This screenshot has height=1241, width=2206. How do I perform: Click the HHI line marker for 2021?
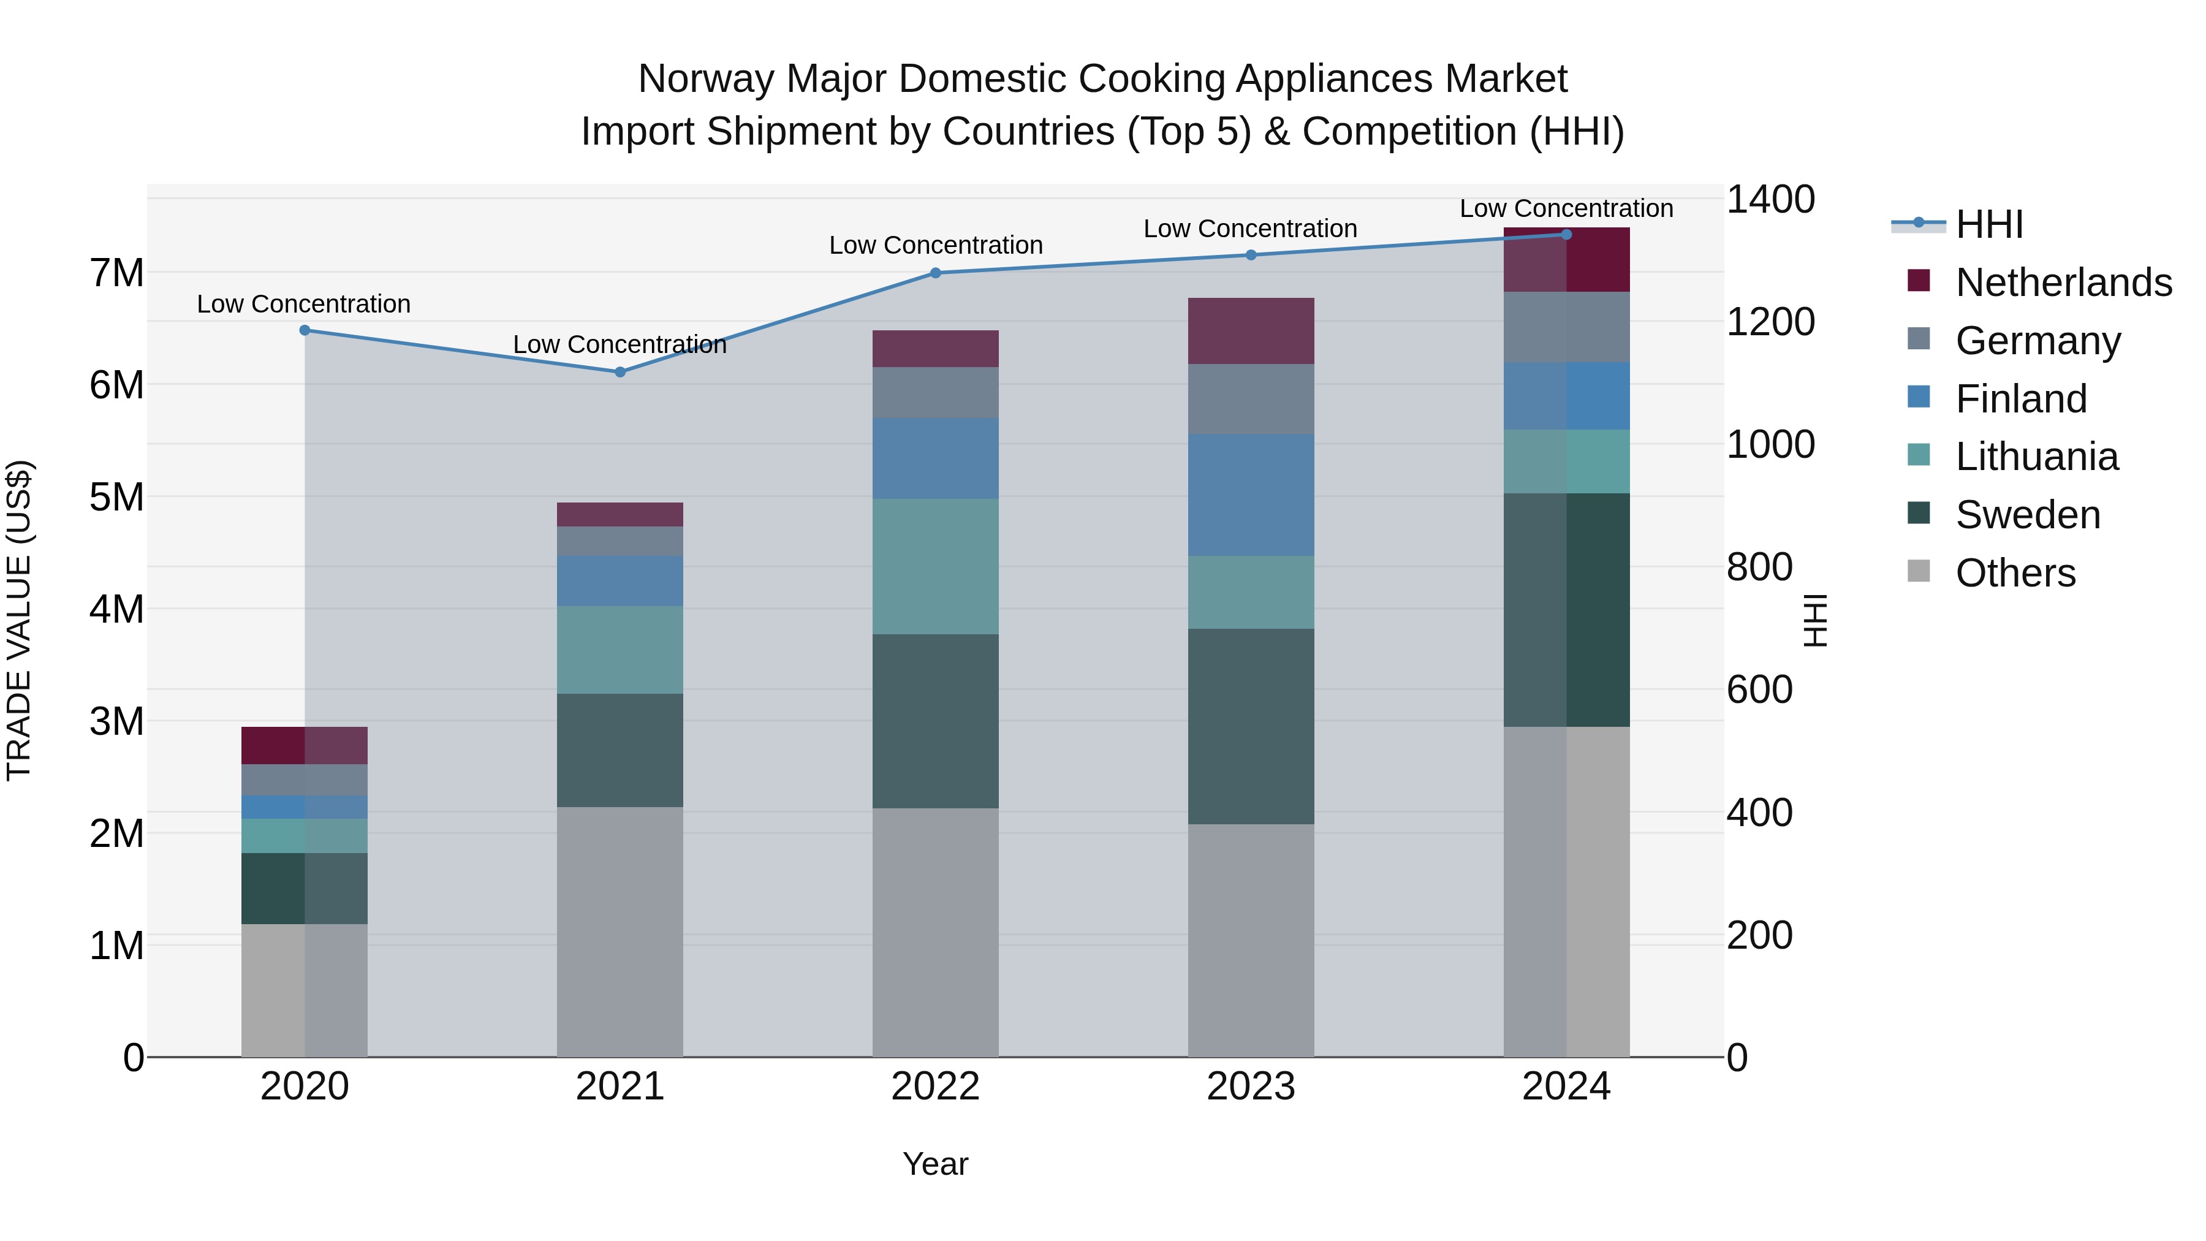click(620, 372)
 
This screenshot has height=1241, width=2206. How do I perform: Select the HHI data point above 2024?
click(1566, 234)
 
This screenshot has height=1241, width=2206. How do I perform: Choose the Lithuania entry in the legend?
click(2036, 457)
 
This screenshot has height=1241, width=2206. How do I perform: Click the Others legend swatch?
click(1918, 571)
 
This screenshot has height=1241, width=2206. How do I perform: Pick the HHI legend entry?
click(1988, 224)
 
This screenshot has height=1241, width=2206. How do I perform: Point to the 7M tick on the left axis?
click(116, 273)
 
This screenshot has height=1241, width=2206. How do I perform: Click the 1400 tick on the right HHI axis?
click(1769, 200)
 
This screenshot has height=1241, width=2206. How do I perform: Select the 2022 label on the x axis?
click(935, 1087)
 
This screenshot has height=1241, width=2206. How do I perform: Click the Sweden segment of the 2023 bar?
click(1250, 726)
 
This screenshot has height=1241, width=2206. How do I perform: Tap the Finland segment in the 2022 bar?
click(935, 458)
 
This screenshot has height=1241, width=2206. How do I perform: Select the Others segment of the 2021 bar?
click(620, 931)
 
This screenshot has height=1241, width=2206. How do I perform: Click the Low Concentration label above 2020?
click(304, 304)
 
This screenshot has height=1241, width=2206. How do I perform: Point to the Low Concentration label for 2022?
click(935, 245)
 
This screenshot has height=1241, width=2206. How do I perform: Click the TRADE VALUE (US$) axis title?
click(19, 620)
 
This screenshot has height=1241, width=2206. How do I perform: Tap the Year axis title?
click(935, 1164)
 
